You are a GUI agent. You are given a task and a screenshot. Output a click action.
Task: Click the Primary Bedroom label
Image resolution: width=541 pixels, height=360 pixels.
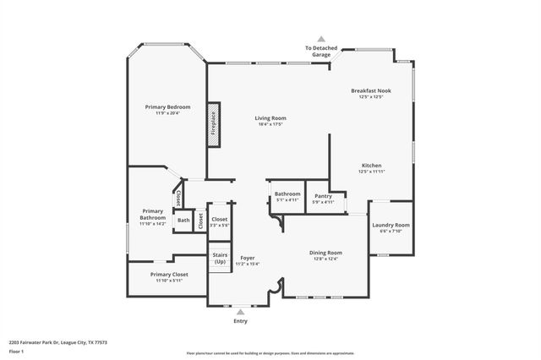(x=167, y=107)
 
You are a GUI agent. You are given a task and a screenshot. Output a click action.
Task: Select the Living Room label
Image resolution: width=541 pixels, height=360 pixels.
(x=271, y=118)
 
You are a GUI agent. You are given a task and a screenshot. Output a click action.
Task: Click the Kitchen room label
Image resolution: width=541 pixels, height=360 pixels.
(x=372, y=165)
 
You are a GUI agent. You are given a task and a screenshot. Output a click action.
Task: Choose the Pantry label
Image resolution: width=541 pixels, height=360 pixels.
(x=323, y=195)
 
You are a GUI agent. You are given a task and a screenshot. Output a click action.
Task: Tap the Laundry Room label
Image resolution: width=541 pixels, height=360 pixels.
(x=391, y=225)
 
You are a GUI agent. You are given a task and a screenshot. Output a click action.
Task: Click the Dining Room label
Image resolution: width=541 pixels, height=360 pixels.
(x=325, y=253)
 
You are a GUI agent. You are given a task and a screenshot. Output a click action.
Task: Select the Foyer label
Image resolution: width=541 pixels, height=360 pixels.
(x=248, y=258)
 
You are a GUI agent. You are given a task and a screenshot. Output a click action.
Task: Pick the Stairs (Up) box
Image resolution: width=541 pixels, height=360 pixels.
(x=220, y=258)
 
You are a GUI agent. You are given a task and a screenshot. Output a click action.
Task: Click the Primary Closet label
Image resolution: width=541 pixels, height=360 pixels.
(x=169, y=275)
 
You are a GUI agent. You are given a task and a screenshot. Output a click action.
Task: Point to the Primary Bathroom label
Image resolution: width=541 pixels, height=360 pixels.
(x=152, y=214)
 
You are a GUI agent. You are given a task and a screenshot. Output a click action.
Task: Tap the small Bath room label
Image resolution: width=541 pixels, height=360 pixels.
(x=183, y=221)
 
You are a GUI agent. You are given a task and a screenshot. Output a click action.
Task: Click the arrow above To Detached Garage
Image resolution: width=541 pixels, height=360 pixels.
(x=320, y=39)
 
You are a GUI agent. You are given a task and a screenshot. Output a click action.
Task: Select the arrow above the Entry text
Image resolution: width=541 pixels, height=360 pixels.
(x=241, y=312)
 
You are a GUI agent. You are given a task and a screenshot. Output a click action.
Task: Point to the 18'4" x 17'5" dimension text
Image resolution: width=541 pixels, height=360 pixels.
(x=271, y=125)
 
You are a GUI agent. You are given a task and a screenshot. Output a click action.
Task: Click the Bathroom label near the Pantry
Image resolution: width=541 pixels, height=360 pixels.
(x=287, y=194)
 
